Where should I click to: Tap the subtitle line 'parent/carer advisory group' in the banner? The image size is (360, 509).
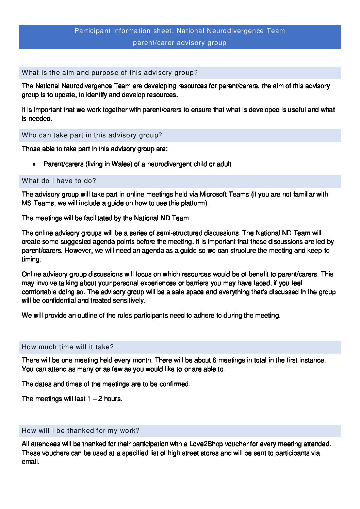pos(180,43)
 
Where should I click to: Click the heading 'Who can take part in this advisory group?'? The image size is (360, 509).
pos(92,135)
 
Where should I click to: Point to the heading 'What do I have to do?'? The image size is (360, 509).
pos(59,181)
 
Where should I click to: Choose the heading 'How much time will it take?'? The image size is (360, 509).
pos(68,347)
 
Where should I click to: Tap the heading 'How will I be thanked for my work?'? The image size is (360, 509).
pos(81,431)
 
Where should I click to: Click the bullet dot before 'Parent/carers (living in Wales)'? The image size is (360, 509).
pos(34,165)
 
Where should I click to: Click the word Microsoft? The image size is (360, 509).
pos(214,194)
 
